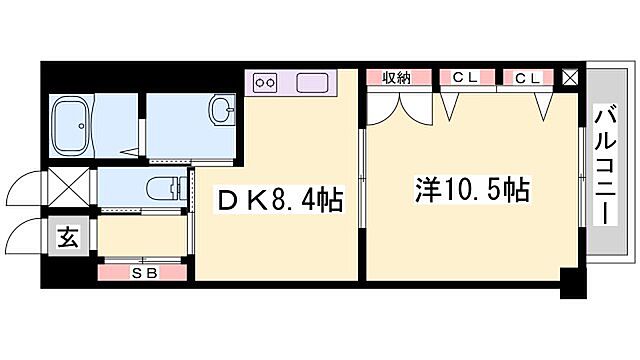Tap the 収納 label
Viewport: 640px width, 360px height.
(x=393, y=77)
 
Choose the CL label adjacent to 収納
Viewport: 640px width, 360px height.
(x=463, y=77)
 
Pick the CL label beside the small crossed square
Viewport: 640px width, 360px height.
(x=529, y=77)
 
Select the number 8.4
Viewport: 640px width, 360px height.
(x=289, y=201)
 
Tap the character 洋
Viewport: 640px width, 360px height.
(x=427, y=188)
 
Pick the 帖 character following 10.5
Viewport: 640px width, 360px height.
(x=518, y=188)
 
